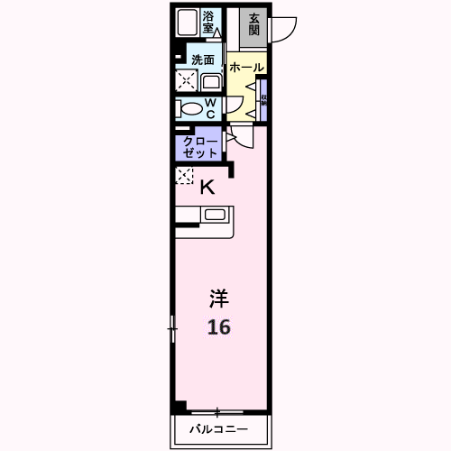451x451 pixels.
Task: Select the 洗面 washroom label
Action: coord(202,60)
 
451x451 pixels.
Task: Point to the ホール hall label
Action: coord(246,68)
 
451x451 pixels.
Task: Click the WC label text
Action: coord(209,108)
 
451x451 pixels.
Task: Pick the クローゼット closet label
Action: coord(200,147)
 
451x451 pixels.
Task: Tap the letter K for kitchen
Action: coord(207,188)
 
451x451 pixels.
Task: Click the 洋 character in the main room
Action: coord(218,298)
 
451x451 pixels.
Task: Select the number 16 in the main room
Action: coord(218,327)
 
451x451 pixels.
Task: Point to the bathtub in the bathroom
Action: coord(188,23)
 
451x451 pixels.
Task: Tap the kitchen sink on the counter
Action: coord(216,215)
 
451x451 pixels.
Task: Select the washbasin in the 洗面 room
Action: coord(210,82)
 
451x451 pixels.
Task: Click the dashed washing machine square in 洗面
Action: coord(186,80)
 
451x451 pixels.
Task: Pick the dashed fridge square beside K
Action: coord(185,175)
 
